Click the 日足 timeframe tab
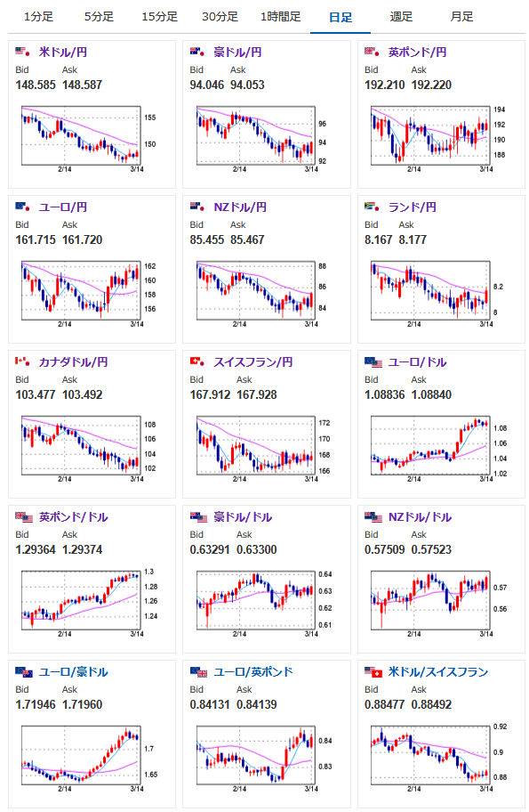[341, 17]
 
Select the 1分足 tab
[39, 17]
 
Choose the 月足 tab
[461, 17]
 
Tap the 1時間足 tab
[280, 17]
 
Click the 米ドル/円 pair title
[62, 53]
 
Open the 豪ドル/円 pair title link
[237, 53]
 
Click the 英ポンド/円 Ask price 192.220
[431, 85]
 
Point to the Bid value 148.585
[36, 85]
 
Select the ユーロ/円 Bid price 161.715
[36, 240]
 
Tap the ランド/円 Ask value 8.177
[413, 240]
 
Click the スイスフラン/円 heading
[252, 362]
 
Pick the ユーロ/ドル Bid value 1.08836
[385, 394]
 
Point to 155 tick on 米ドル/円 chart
[150, 118]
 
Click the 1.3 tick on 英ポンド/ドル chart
[149, 572]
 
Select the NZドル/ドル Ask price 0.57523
[431, 549]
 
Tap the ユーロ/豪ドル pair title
[74, 672]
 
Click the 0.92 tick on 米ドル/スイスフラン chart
[500, 727]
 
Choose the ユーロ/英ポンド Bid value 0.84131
[210, 704]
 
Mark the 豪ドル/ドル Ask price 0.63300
[256, 549]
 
